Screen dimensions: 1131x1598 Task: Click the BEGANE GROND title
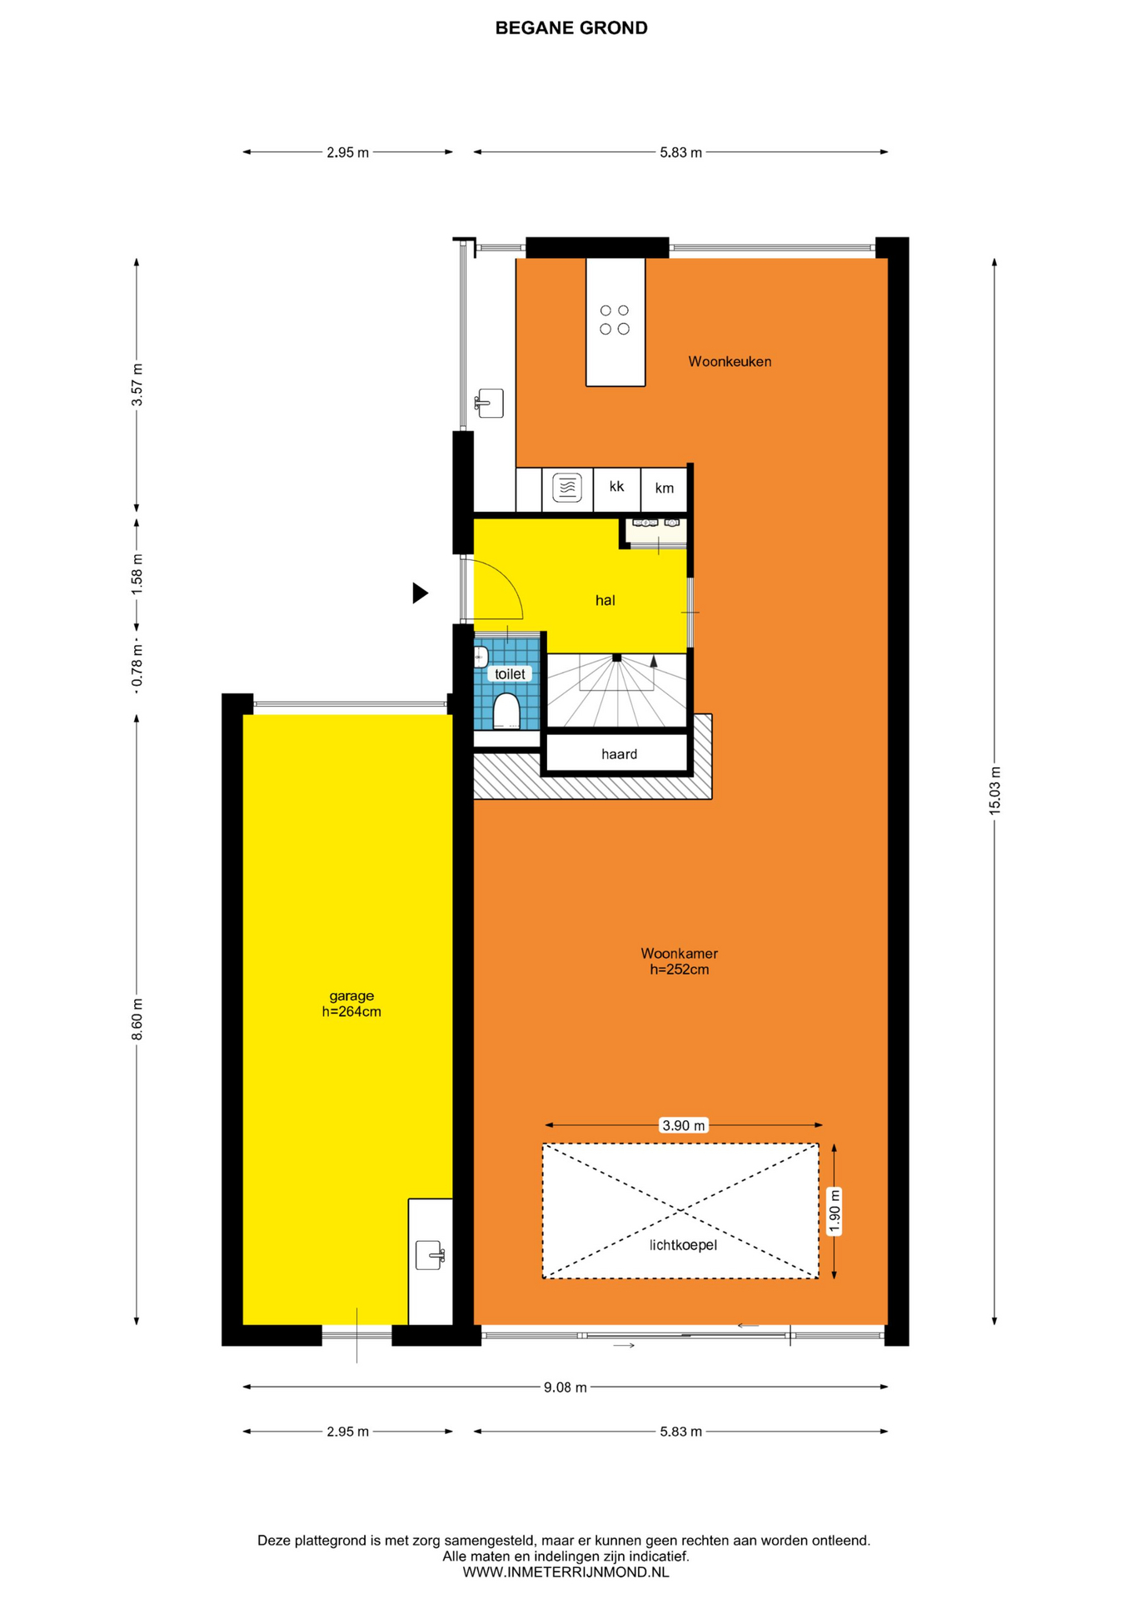click(x=571, y=28)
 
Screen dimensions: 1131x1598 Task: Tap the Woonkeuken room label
click(x=730, y=361)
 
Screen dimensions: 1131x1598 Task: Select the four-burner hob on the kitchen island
click(x=615, y=320)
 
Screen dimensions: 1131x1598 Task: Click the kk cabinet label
click(x=616, y=486)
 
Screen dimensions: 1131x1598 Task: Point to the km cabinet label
click(x=664, y=488)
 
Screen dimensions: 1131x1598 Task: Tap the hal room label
click(x=605, y=600)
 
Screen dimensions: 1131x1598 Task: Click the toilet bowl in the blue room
click(x=506, y=711)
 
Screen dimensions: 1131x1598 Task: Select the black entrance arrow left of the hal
click(x=421, y=593)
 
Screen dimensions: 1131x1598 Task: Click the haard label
click(x=619, y=754)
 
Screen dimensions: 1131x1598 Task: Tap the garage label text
click(x=351, y=995)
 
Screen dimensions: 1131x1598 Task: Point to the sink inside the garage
click(x=430, y=1255)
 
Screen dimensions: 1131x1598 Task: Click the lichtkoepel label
click(x=683, y=1245)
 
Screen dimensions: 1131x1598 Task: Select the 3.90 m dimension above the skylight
click(x=683, y=1125)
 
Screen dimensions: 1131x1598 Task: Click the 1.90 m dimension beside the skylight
click(x=835, y=1211)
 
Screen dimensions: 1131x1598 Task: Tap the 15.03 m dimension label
click(x=994, y=791)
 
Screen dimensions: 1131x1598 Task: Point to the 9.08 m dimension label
click(x=565, y=1387)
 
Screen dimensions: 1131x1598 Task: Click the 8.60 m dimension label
click(x=137, y=1019)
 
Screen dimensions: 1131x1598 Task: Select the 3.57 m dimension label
click(x=137, y=385)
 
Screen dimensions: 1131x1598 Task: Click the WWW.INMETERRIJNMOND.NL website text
click(x=565, y=1572)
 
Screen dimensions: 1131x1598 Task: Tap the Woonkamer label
click(x=680, y=954)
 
